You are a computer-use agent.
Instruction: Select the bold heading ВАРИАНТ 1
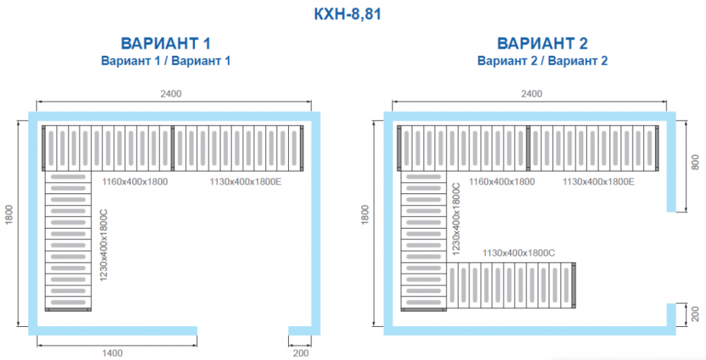click(166, 44)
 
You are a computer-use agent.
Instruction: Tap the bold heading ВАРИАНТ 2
click(542, 44)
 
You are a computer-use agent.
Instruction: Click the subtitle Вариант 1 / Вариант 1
click(166, 61)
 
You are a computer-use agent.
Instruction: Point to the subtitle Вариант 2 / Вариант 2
click(542, 61)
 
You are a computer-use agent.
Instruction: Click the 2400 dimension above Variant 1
click(172, 94)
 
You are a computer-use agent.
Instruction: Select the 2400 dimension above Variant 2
click(531, 94)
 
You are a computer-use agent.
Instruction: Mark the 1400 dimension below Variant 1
click(113, 353)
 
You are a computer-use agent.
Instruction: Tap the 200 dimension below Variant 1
click(301, 353)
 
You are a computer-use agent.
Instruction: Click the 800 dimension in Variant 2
click(695, 162)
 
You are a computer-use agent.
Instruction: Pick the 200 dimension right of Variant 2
click(695, 313)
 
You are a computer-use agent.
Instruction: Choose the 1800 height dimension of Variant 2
click(365, 214)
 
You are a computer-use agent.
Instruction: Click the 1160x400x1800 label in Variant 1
click(135, 182)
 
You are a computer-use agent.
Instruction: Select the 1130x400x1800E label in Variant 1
click(246, 182)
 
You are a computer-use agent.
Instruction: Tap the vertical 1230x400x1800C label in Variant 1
click(104, 245)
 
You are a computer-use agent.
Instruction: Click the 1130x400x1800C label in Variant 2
click(518, 252)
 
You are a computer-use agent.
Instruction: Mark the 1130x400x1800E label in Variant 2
click(599, 182)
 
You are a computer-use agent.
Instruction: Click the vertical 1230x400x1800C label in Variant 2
click(456, 218)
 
